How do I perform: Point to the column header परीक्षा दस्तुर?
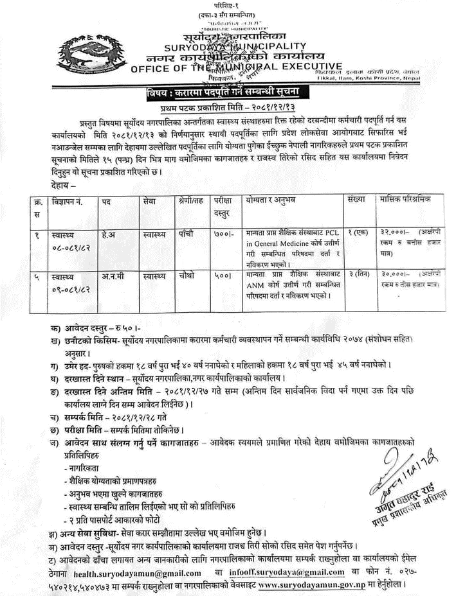tap(223, 206)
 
